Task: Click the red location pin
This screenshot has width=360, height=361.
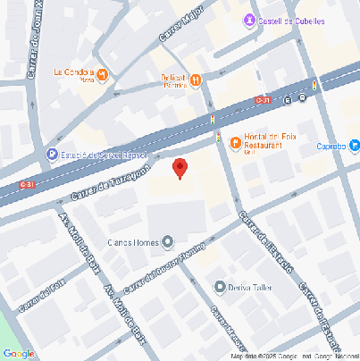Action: tap(180, 168)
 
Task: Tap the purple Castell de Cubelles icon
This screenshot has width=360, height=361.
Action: tap(249, 21)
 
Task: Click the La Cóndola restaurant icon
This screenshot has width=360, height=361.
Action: tap(104, 74)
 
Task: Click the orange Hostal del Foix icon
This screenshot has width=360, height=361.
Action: tap(236, 143)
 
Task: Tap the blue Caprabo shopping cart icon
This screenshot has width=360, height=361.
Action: tap(355, 145)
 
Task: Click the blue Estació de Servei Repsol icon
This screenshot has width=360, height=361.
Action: tap(53, 155)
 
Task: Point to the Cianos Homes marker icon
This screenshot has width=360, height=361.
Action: tap(169, 241)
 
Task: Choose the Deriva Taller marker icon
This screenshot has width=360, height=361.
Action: tap(220, 286)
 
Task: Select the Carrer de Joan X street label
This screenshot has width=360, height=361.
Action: tap(34, 45)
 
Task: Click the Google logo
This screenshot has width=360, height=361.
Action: tap(19, 353)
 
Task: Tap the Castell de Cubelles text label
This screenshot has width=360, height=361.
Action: tap(290, 21)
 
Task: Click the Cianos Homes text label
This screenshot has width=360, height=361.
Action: tap(131, 242)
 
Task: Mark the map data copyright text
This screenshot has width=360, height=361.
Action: tap(294, 356)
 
